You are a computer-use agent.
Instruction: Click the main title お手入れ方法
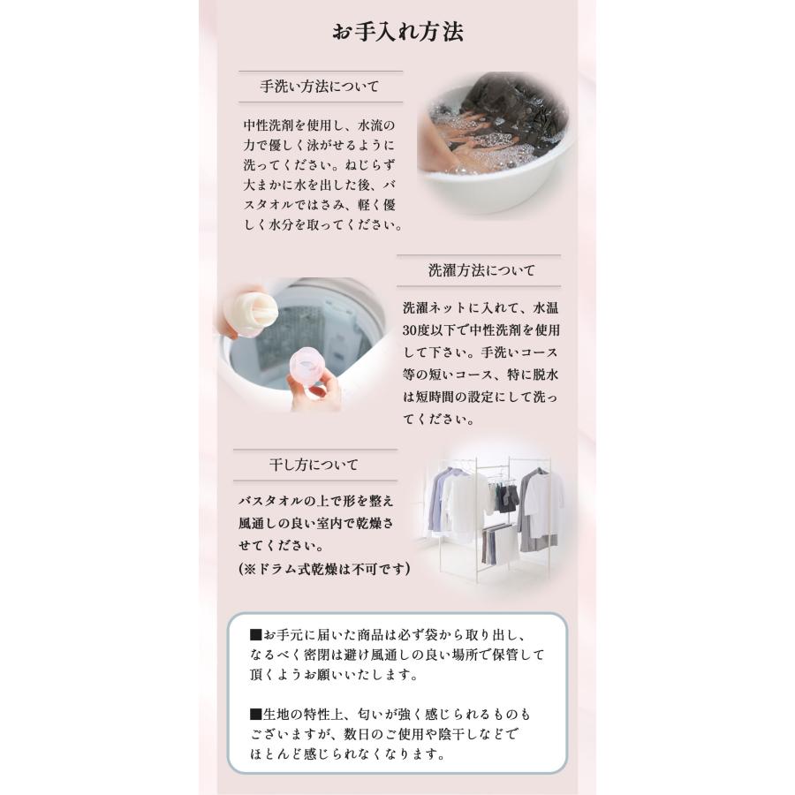point(397,33)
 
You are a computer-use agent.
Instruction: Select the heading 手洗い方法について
point(319,87)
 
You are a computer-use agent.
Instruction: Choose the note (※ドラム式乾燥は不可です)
point(325,570)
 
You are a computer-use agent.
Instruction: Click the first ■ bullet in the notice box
point(256,635)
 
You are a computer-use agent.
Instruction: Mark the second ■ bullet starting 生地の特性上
point(256,713)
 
